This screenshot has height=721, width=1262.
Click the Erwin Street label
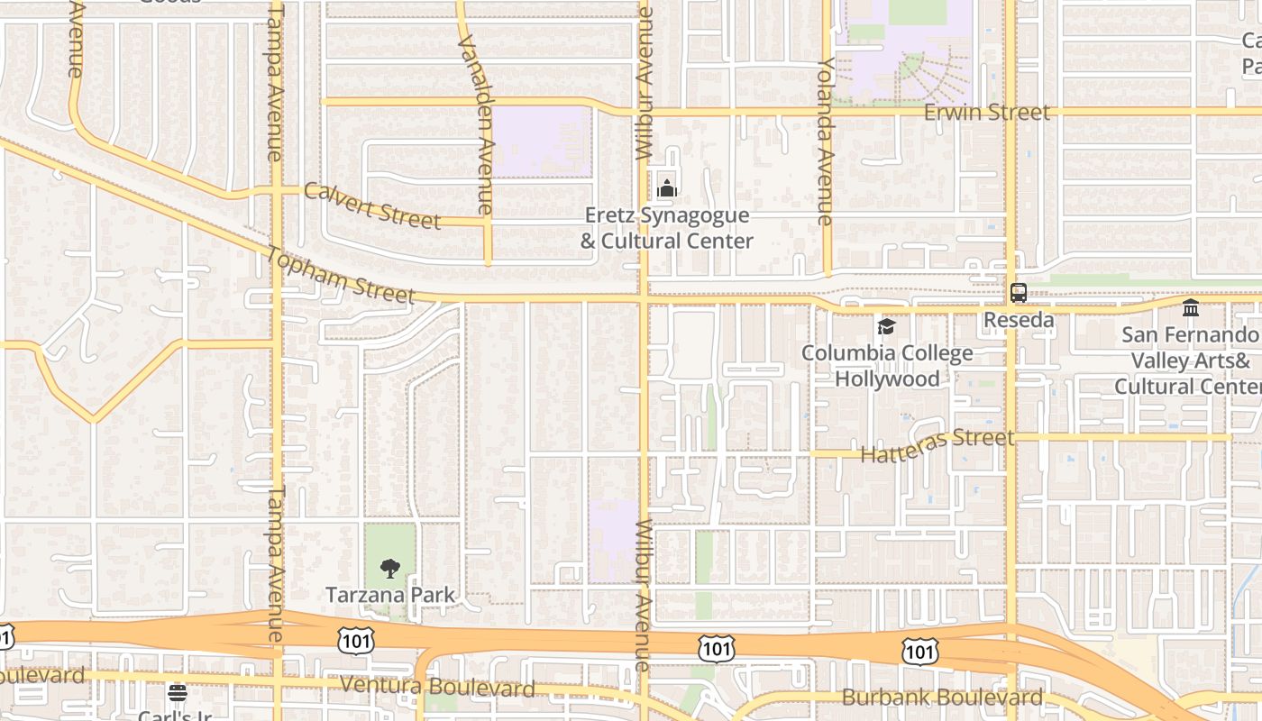pos(987,113)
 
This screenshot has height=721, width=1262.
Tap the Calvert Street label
pos(372,205)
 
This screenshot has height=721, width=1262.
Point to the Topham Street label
pos(340,274)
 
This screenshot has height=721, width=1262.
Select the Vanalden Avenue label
pos(475,125)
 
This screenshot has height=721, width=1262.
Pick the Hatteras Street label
pos(937,445)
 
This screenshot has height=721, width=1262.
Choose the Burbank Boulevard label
pos(942,697)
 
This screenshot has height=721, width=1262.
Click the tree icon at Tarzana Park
pos(390,568)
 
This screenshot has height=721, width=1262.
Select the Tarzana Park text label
pos(390,595)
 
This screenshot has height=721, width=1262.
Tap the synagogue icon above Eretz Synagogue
pos(667,188)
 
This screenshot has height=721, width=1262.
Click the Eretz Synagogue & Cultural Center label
pos(667,228)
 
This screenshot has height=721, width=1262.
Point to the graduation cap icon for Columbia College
pos(887,326)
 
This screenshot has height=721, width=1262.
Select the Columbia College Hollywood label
pos(887,365)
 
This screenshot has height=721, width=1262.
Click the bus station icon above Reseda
pos(1019,293)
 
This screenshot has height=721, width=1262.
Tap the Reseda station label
pos(1019,320)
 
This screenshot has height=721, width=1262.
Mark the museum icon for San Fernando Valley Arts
pos(1191,308)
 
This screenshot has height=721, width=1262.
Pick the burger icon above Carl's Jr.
pos(178,693)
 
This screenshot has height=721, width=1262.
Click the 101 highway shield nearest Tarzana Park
pos(353,640)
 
